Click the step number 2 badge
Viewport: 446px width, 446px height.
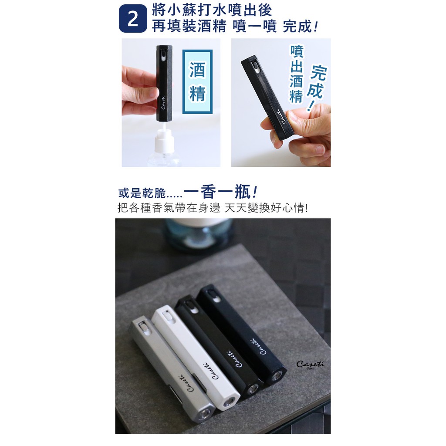point(133,18)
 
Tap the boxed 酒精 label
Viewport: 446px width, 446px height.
point(197,82)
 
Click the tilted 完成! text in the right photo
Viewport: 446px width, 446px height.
point(318,88)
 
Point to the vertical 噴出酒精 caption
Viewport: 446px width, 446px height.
point(297,74)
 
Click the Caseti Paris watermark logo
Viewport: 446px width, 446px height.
point(310,365)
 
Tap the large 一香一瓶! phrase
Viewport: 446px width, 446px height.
point(221,192)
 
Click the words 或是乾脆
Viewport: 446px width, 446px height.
point(142,193)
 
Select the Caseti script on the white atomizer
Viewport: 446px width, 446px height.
point(210,371)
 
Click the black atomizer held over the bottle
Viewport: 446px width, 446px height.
point(164,83)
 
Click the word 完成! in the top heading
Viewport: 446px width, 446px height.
point(300,27)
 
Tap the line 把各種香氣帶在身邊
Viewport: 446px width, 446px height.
point(169,208)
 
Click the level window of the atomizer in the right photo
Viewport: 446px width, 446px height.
point(257,68)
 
